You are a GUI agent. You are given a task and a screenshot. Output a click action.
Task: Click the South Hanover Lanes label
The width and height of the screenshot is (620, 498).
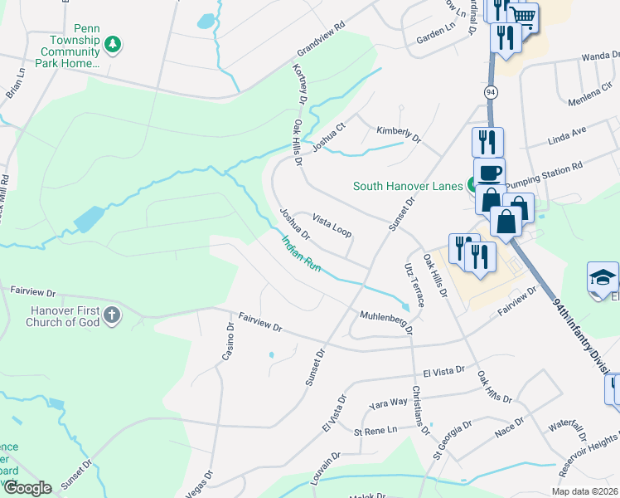point(408,186)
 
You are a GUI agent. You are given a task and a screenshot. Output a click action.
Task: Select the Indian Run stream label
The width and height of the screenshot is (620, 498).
point(301,254)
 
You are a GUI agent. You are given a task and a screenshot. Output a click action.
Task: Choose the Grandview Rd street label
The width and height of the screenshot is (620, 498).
point(315,51)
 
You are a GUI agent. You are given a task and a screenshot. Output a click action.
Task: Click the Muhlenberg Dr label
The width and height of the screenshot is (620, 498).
point(385,321)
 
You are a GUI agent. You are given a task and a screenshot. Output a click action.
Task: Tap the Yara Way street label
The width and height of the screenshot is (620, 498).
point(389,403)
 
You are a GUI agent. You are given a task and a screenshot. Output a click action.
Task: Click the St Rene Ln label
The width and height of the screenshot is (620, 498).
point(375,432)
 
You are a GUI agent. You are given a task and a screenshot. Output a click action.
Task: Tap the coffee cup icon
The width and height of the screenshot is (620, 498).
point(489,172)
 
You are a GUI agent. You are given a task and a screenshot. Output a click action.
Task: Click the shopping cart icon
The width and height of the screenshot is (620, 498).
point(522,16)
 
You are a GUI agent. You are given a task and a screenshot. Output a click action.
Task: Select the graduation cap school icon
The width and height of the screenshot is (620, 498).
point(603,277)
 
